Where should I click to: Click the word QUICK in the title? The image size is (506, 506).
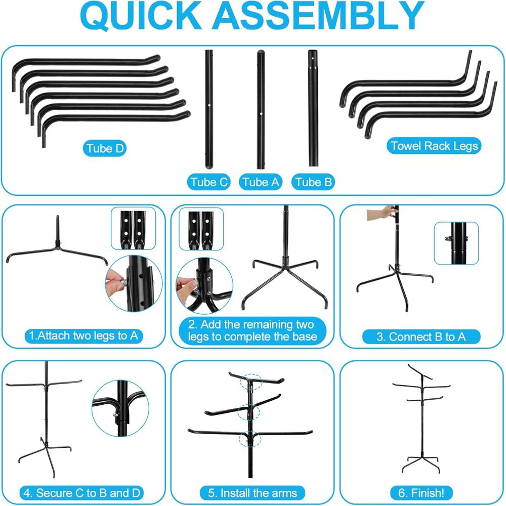[141, 16]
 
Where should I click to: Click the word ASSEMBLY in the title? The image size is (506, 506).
[318, 16]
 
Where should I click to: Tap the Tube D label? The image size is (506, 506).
[105, 149]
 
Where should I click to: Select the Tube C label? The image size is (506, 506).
[209, 182]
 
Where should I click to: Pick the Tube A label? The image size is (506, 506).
[261, 182]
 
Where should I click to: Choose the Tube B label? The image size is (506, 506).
[313, 182]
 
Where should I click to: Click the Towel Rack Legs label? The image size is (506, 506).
[434, 146]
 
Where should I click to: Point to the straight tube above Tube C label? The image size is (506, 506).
[209, 109]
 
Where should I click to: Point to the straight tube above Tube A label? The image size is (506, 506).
[261, 109]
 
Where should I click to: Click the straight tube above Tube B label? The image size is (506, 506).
[313, 108]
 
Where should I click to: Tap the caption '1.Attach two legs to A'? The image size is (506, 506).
[83, 335]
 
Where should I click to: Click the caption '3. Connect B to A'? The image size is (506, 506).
[421, 337]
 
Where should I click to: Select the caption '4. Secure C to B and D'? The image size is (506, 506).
[82, 493]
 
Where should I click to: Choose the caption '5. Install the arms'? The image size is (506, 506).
[252, 493]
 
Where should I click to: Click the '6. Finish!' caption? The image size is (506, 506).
[421, 493]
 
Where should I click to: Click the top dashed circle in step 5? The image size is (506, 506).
[251, 382]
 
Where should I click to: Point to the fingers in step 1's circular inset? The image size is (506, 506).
[115, 281]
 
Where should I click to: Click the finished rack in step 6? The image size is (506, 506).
[421, 418]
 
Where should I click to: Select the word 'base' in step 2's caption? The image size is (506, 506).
[305, 337]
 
